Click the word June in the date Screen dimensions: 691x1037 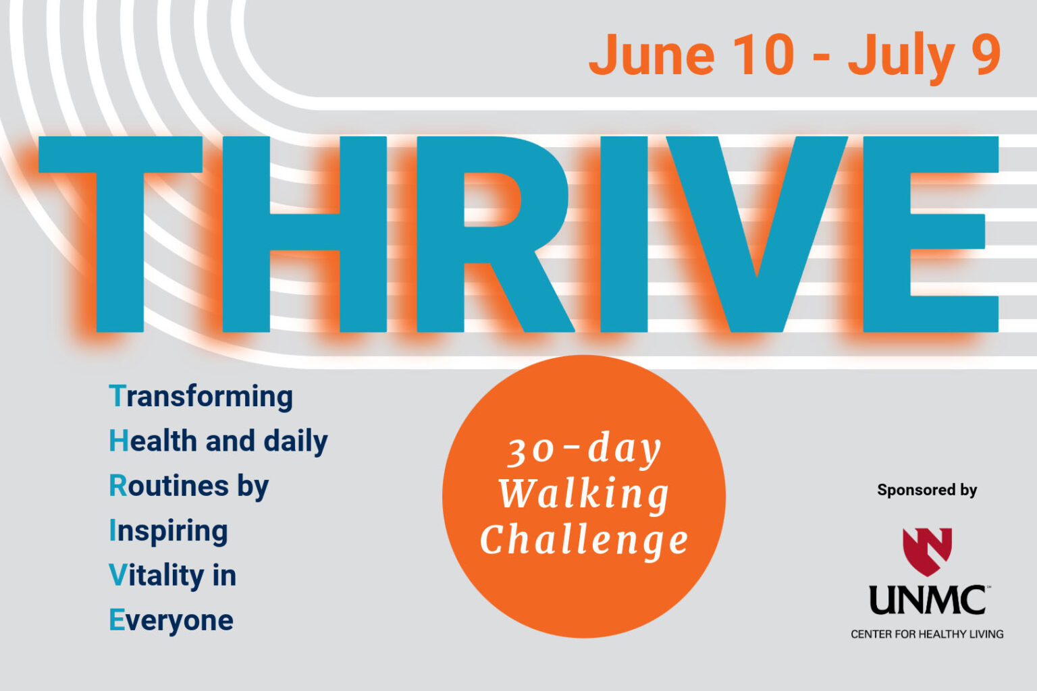click(652, 55)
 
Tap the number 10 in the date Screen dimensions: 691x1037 click(763, 55)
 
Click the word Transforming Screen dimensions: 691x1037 click(201, 397)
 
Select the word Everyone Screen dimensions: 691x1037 click(171, 620)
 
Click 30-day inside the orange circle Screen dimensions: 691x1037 click(584, 450)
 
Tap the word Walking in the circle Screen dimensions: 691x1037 click(584, 495)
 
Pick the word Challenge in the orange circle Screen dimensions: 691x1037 click(584, 541)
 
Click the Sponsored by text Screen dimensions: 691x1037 click(927, 490)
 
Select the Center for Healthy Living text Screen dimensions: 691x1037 click(927, 634)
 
